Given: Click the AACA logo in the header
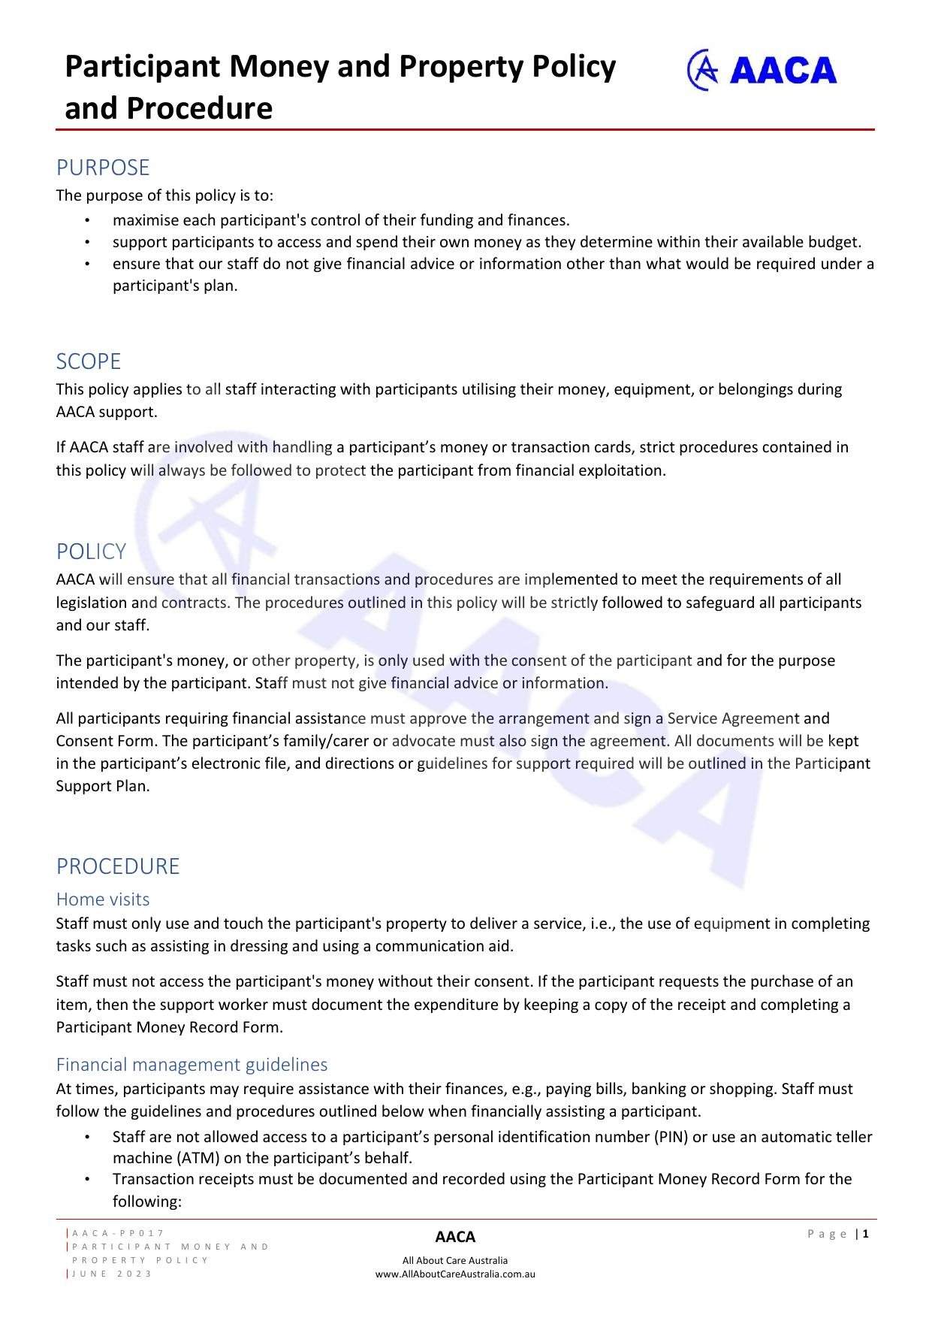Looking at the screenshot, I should point(762,70).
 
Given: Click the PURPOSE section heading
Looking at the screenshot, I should point(103,168).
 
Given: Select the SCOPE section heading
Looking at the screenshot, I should point(89,361).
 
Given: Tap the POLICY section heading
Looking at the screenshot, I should point(91,552).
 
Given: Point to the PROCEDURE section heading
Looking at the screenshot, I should point(118,866).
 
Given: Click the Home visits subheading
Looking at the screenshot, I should point(103,899).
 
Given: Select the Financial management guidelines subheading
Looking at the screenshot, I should point(192,1065).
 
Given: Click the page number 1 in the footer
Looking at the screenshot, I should point(866,1234).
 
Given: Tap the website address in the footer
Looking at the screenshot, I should point(455,1274).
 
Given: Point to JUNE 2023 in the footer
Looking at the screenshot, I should point(112,1274).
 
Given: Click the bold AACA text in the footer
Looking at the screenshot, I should point(455,1237).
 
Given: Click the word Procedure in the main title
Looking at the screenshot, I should point(199,109).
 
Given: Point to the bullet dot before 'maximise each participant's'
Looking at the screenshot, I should point(87,221).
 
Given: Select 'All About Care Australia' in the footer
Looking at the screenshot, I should point(455,1261).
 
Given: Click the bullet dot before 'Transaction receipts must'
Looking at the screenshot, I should point(87,1180).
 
